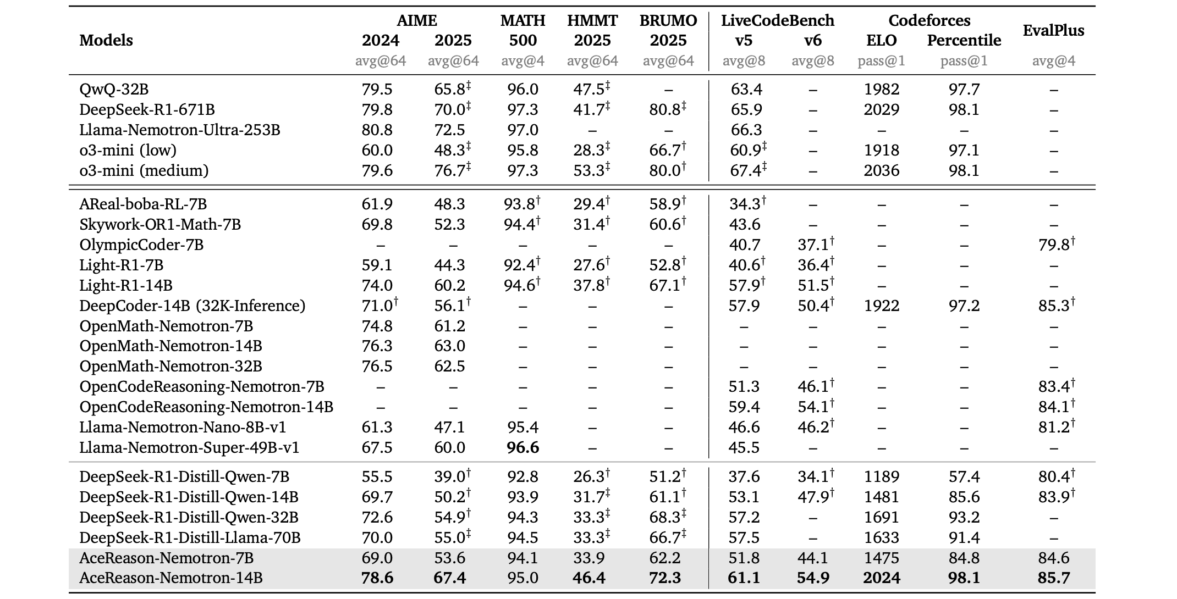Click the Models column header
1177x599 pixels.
[106, 40]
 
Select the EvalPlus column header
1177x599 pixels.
[1053, 30]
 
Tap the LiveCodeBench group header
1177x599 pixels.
[778, 20]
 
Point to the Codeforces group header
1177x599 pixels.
[930, 20]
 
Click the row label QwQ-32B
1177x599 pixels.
[114, 89]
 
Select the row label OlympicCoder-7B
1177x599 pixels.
[141, 245]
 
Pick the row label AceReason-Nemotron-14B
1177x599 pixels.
[171, 578]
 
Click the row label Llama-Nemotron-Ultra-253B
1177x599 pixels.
[180, 130]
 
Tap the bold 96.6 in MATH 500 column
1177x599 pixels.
[522, 447]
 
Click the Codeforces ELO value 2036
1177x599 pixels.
[882, 170]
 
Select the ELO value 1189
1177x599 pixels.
[882, 476]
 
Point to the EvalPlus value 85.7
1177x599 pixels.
[1054, 578]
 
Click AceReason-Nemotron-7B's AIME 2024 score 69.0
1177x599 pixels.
[377, 558]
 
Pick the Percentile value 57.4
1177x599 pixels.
[964, 476]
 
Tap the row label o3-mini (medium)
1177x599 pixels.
[144, 170]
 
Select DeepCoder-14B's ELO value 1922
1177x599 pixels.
[882, 306]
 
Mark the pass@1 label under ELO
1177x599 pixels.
[882, 61]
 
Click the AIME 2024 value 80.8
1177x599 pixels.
[377, 130]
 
